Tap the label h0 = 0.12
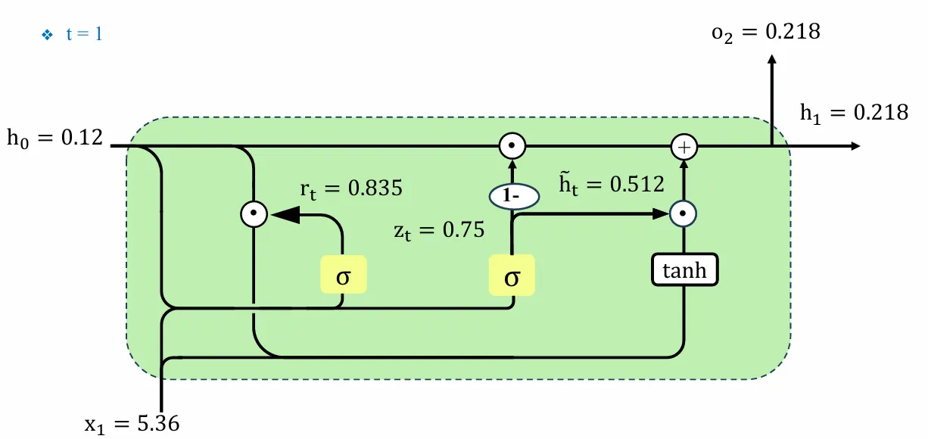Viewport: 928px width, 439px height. click(54, 140)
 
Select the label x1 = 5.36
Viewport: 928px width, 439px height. click(132, 423)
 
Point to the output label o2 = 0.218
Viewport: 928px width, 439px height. click(765, 32)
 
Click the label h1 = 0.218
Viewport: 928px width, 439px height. click(854, 113)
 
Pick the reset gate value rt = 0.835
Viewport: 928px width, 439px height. click(350, 189)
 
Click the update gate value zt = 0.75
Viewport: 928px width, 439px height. click(438, 230)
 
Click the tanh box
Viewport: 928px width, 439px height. click(684, 270)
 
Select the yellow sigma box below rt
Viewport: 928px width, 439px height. click(343, 275)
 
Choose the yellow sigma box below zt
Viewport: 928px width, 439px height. click(512, 275)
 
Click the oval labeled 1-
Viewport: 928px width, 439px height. click(512, 197)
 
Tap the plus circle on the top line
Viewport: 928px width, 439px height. click(684, 147)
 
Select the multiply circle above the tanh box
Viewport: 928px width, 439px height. click(684, 215)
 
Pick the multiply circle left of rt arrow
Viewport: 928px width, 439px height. click(254, 215)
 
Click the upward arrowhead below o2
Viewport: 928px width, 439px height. click(771, 61)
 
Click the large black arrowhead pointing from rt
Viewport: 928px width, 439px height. click(282, 215)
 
